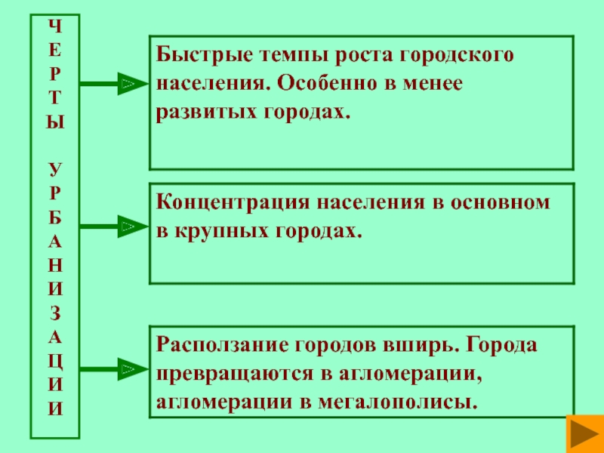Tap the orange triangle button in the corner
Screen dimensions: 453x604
(583, 434)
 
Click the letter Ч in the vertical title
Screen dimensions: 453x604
(54, 24)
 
